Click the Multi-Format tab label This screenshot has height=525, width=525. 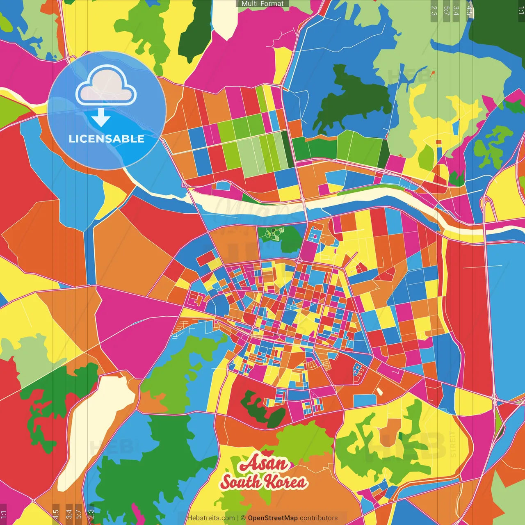click(x=262, y=4)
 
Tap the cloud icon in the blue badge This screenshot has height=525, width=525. click(x=106, y=85)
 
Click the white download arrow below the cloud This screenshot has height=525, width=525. click(x=101, y=118)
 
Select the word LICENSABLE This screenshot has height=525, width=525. click(x=106, y=139)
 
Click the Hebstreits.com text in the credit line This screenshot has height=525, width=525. click(x=211, y=518)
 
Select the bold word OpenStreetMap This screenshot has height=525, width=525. click(x=272, y=518)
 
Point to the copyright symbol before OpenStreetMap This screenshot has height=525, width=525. click(x=243, y=518)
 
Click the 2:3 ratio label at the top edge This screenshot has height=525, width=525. click(x=434, y=10)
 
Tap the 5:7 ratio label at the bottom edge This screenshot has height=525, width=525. click(x=78, y=513)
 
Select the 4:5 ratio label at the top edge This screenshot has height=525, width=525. click(x=469, y=10)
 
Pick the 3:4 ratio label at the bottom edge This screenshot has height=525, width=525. click(x=68, y=513)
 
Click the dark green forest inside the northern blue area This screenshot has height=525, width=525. click(x=353, y=98)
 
